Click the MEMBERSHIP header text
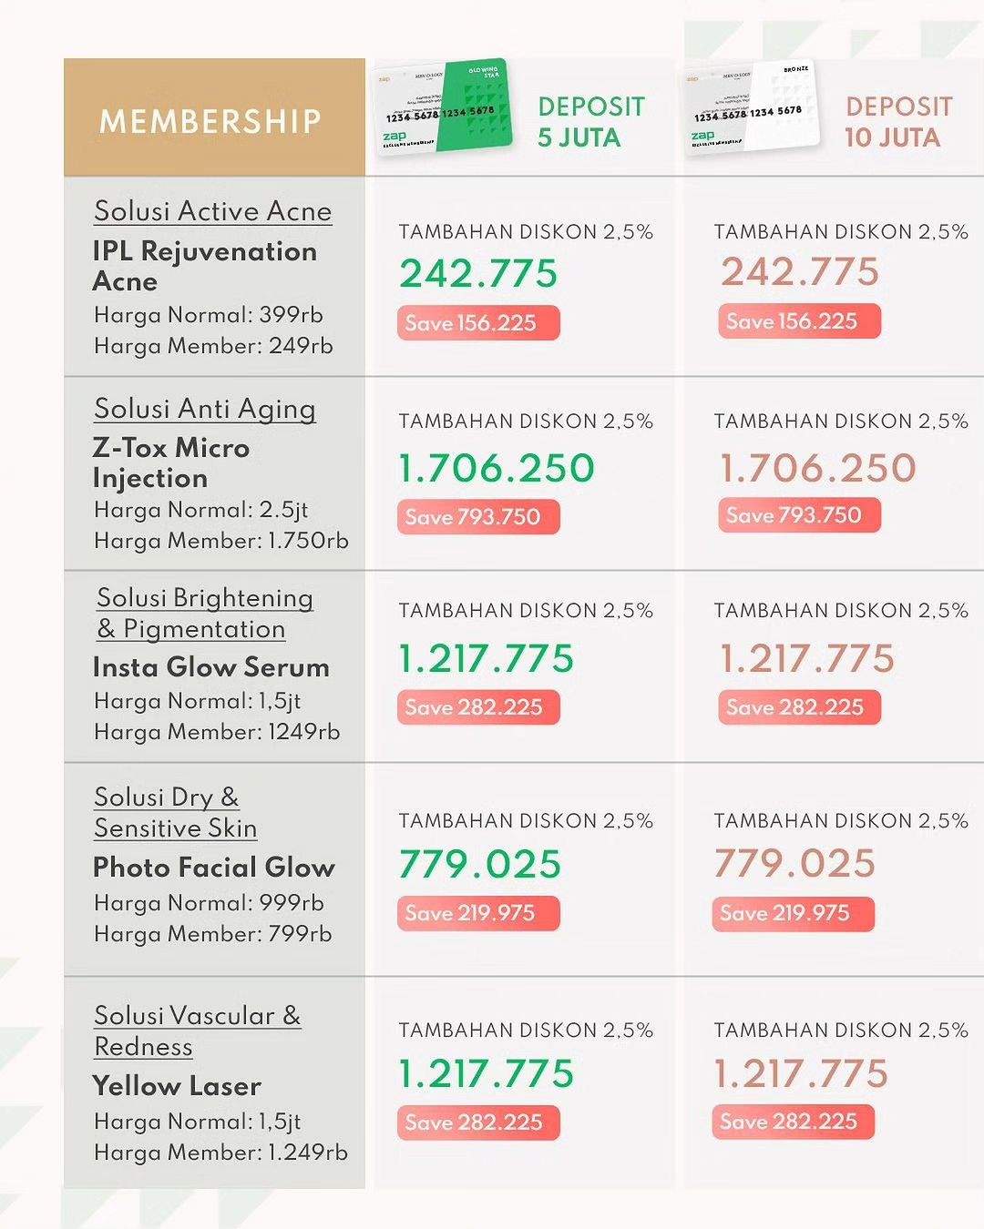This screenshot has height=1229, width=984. pos(210,121)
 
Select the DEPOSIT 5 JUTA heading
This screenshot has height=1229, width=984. pos(590,122)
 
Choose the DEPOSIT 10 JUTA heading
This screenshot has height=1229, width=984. pos(897,122)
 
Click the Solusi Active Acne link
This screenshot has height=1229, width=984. pos(212,211)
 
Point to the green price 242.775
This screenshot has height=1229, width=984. pos(478,273)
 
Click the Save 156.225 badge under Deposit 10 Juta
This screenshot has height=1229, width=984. pos(798,321)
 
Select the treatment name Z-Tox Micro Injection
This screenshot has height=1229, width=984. pos(170,462)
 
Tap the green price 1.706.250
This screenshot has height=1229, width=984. pos(497,468)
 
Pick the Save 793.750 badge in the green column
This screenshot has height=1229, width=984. pos(477,517)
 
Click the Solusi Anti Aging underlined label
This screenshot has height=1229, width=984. pos(205,409)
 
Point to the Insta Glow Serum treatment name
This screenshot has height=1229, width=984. pos(210,667)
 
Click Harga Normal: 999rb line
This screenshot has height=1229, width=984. pos(209,903)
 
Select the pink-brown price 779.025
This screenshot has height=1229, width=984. pos(794,863)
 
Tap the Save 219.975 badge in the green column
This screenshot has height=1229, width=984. pos(477,913)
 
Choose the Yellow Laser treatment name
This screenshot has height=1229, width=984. pos(177,1086)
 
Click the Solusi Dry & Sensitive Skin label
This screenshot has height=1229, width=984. pos(175,813)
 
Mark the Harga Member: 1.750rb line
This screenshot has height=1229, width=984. pos(220,541)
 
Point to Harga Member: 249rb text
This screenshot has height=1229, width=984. pos(213,346)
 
